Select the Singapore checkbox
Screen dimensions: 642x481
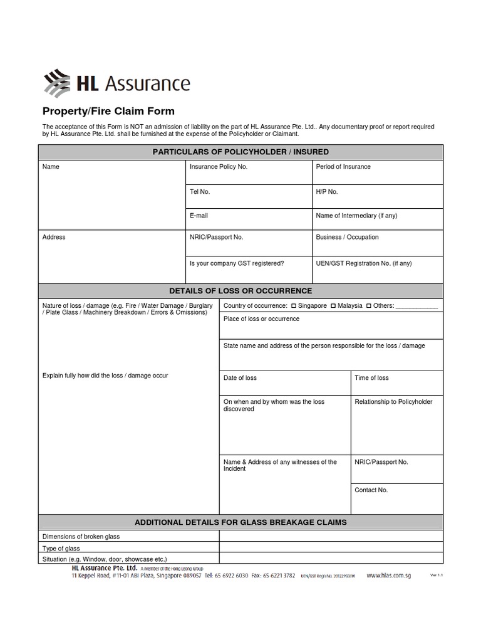pos(294,306)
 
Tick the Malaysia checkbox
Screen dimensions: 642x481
pos(333,306)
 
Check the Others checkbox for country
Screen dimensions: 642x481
pos(369,306)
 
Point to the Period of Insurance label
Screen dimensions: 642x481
pos(343,167)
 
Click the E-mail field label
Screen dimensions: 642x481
pos(199,216)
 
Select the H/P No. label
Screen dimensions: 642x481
pos(327,191)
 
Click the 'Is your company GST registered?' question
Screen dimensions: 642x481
pos(237,264)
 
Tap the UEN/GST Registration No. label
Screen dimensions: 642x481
pos(364,264)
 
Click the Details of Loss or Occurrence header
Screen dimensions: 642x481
pos(240,291)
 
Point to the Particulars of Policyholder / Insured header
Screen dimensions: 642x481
pos(240,152)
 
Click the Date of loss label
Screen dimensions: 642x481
pos(240,378)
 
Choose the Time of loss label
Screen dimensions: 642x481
pos(371,378)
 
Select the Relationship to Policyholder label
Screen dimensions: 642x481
pos(393,402)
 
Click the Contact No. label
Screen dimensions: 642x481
pos(371,490)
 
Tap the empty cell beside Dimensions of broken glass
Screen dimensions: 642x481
pos(331,537)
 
